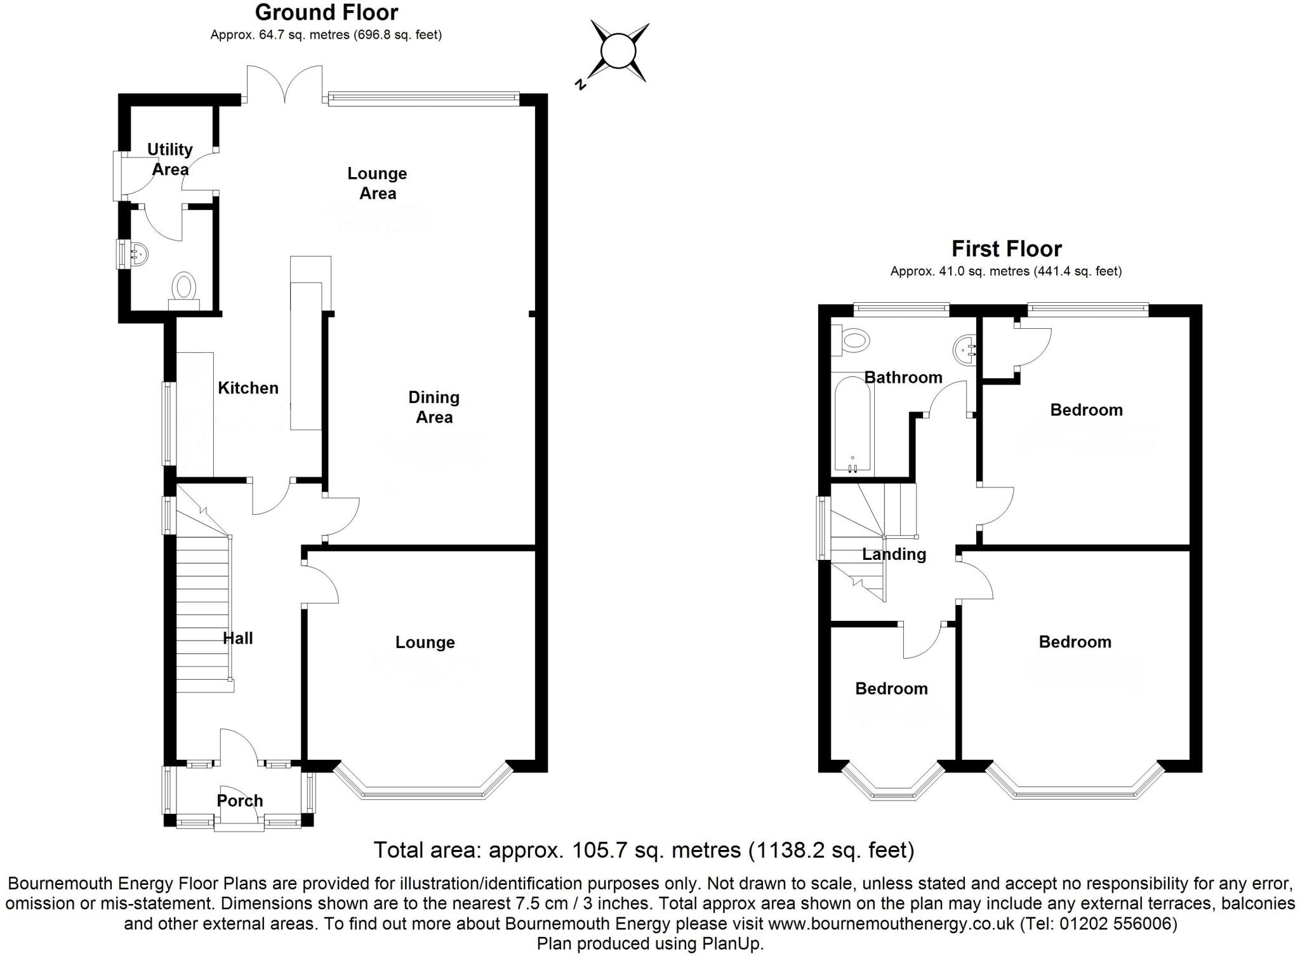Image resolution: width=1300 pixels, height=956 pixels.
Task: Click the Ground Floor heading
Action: (x=326, y=13)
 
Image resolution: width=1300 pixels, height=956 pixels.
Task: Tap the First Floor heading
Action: (x=1006, y=249)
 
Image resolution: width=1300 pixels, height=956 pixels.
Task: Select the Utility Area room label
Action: (x=169, y=159)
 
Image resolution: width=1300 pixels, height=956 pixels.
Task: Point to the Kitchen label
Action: (x=248, y=388)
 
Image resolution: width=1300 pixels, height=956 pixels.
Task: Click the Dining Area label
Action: (x=434, y=407)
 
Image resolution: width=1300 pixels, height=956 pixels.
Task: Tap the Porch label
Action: (x=239, y=800)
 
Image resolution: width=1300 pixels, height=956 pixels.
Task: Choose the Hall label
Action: (x=237, y=638)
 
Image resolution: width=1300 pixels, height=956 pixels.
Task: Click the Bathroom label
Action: (x=903, y=378)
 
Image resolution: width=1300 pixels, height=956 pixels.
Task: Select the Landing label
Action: (x=894, y=554)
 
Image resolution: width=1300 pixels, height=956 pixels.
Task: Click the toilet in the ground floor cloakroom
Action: (x=185, y=289)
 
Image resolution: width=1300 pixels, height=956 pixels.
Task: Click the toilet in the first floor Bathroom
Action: (x=851, y=341)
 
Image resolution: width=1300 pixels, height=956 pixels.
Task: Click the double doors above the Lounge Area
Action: (x=285, y=83)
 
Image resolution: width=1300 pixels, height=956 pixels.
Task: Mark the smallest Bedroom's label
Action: (x=891, y=689)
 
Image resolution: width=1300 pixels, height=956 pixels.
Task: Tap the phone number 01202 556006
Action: (x=1118, y=923)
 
